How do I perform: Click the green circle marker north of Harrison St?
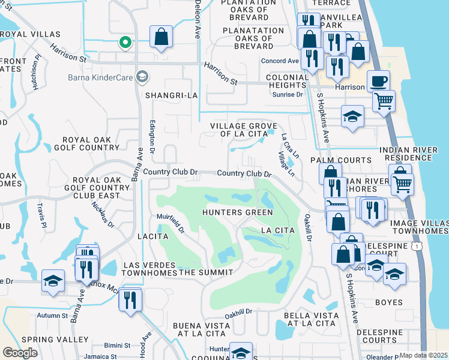(125, 42)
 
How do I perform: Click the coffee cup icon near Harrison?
(378, 81)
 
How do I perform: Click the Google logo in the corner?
(20, 353)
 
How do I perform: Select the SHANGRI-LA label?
(167, 95)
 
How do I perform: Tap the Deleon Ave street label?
(196, 19)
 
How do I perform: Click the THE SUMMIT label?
(205, 272)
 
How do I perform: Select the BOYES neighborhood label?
(388, 302)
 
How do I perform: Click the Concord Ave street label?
(279, 61)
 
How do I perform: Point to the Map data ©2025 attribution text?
(423, 355)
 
